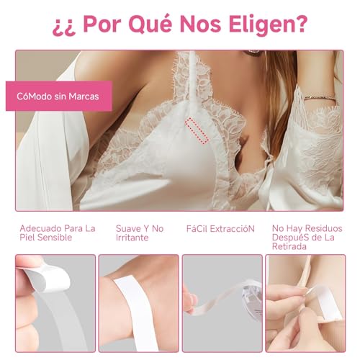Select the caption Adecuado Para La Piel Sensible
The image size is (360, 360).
[58, 234]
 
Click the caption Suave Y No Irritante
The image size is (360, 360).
[140, 234]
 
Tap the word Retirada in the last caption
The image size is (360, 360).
[290, 246]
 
